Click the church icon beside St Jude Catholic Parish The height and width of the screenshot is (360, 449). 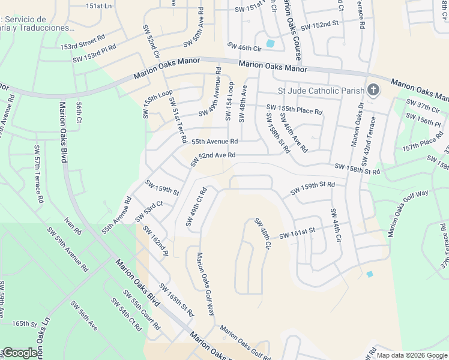pos(373,91)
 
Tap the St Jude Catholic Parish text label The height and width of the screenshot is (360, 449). pos(321,91)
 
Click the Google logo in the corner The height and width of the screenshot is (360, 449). pos(20,353)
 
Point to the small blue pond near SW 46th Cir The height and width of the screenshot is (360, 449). pos(270,43)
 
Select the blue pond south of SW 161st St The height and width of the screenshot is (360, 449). pos(369,274)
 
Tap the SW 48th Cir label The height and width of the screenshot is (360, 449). pos(263,233)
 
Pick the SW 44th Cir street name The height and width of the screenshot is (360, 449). pos(334,225)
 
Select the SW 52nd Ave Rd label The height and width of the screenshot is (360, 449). pos(212,159)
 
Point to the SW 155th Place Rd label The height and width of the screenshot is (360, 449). pos(294,110)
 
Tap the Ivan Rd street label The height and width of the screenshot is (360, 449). pos(74,226)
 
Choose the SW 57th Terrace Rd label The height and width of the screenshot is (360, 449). pos(38,173)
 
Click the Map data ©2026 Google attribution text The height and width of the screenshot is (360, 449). pos(411,355)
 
